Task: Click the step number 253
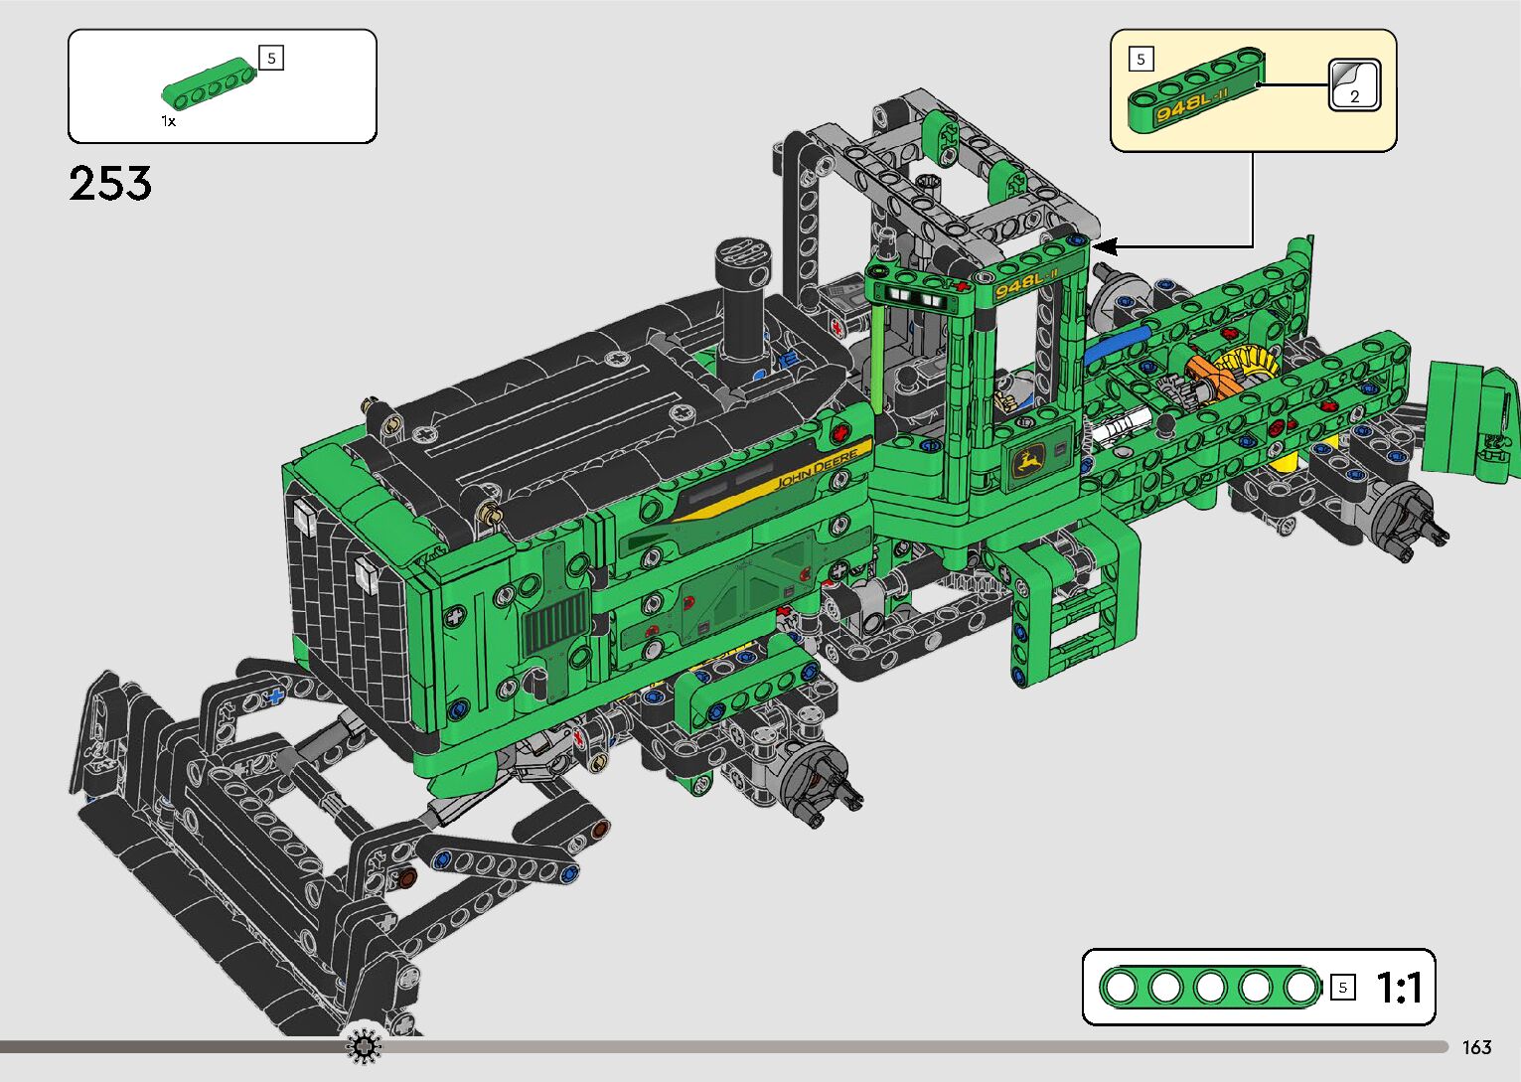(x=110, y=184)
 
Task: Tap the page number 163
(x=1476, y=1047)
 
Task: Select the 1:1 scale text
(x=1399, y=988)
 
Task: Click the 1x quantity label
(x=169, y=121)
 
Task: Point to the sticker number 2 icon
(x=1355, y=85)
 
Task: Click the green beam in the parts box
(x=210, y=83)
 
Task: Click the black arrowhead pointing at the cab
(x=1105, y=246)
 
